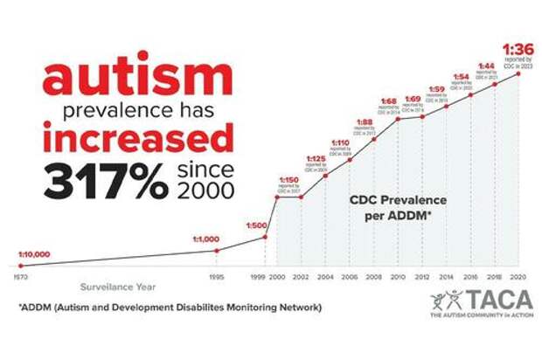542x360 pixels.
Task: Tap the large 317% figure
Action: [105, 180]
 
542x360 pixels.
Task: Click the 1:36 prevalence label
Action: [516, 49]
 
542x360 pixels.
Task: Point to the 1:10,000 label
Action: [35, 254]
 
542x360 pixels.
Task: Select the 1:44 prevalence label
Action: [486, 66]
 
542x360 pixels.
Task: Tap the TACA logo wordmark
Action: [495, 301]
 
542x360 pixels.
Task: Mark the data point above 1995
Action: [217, 251]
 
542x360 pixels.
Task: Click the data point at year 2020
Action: [519, 73]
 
